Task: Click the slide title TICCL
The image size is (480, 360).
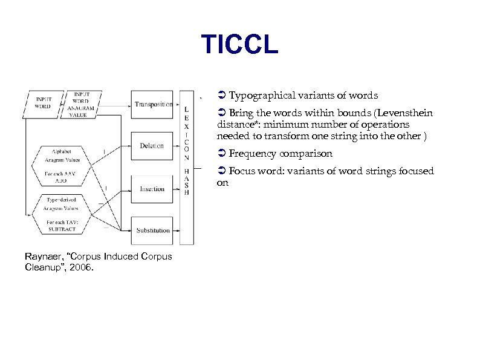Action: [239, 44]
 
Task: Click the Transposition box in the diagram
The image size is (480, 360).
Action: [152, 105]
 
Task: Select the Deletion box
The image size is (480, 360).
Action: [152, 146]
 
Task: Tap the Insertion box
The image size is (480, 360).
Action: [152, 189]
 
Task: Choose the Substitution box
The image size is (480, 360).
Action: [152, 231]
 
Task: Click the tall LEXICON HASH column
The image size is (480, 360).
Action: [187, 166]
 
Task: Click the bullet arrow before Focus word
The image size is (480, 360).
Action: [222, 171]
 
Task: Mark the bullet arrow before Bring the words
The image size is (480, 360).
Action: [222, 113]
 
